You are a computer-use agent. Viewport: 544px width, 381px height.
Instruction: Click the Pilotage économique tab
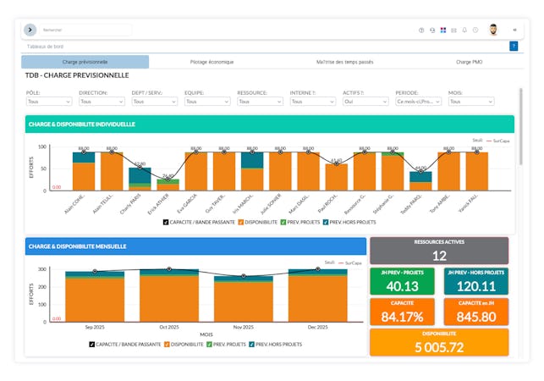point(211,62)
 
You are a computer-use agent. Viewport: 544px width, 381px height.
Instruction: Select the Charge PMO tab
point(469,62)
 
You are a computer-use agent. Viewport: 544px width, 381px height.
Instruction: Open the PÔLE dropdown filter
point(49,101)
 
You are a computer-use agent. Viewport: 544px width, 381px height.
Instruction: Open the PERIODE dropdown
point(418,101)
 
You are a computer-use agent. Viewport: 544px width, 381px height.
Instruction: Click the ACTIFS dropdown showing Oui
point(365,101)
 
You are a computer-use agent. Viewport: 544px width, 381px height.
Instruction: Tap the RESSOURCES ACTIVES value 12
point(439,255)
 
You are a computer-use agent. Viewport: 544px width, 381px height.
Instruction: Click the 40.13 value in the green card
point(403,286)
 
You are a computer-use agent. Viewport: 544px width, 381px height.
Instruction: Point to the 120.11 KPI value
point(475,286)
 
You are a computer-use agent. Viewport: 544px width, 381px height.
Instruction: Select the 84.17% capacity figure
point(403,317)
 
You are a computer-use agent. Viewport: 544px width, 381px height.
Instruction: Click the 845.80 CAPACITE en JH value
point(475,317)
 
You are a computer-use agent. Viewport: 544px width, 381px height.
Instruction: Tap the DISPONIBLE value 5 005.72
point(439,347)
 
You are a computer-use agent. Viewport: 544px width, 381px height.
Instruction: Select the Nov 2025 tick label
point(244,327)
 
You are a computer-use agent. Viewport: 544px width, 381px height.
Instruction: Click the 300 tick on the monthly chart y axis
point(43,269)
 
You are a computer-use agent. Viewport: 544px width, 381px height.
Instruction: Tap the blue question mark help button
point(514,46)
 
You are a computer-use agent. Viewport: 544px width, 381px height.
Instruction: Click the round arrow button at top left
point(30,30)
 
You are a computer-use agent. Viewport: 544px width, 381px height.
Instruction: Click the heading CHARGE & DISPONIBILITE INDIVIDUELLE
point(81,124)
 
